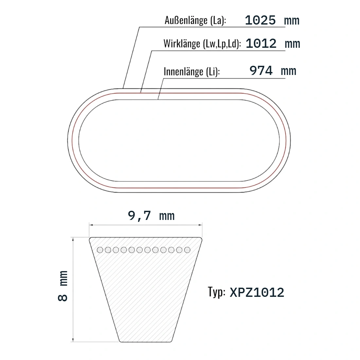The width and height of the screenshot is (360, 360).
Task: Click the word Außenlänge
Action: pyautogui.click(x=186, y=20)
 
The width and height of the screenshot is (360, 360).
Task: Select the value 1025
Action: pyautogui.click(x=260, y=20)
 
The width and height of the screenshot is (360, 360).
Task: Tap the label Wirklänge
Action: pyautogui.click(x=182, y=44)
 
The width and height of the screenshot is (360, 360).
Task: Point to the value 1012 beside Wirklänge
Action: pyautogui.click(x=261, y=44)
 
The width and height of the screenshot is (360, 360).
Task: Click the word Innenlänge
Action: pyautogui.click(x=184, y=71)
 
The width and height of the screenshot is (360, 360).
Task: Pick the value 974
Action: pyautogui.click(x=261, y=70)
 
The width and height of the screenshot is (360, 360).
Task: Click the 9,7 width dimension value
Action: pyautogui.click(x=139, y=216)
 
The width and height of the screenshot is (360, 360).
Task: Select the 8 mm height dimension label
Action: pyautogui.click(x=63, y=286)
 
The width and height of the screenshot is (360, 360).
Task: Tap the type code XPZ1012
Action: pyautogui.click(x=257, y=293)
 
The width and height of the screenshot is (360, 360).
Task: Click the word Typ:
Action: pyautogui.click(x=217, y=292)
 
